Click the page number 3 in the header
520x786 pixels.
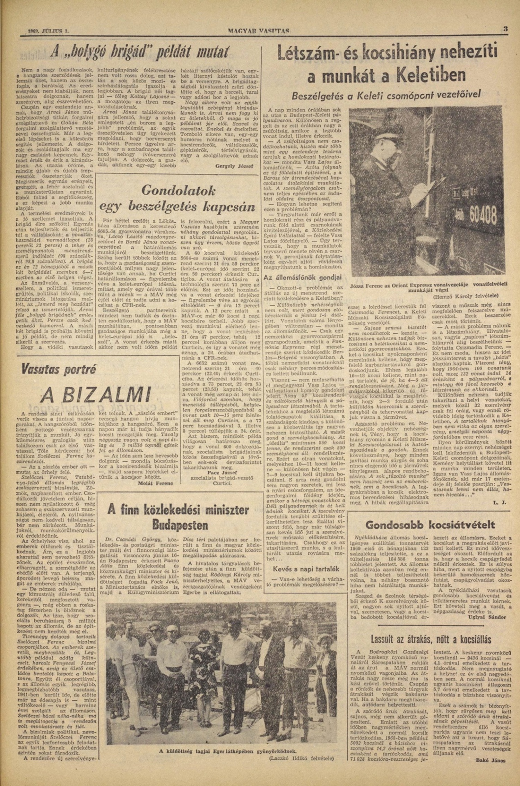(505, 30)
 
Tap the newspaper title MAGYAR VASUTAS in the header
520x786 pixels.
(259, 31)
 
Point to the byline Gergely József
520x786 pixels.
(234, 166)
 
